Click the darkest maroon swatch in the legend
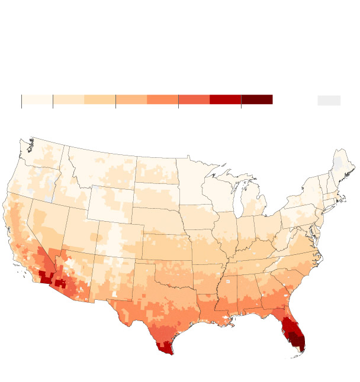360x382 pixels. click(256, 99)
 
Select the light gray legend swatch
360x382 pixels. click(329, 100)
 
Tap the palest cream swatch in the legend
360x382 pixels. click(37, 99)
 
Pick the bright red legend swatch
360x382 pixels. click(225, 99)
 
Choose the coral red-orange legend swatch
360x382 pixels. click(194, 99)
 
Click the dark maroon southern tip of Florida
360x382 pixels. click(298, 342)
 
